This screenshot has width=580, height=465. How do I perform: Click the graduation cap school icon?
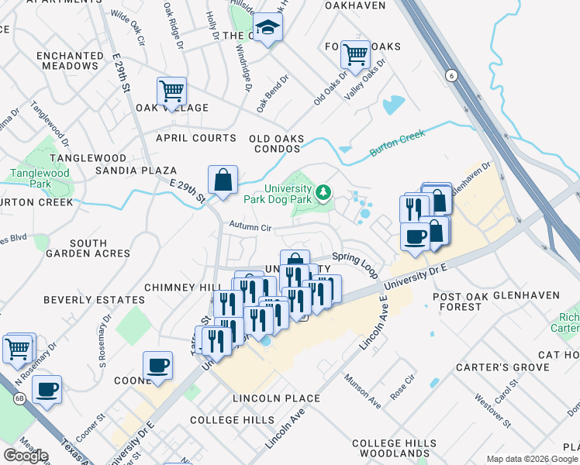[268, 28]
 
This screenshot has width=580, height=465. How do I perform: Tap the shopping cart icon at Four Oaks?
[355, 55]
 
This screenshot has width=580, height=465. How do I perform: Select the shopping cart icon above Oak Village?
[171, 91]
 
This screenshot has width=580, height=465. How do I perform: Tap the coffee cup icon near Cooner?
[158, 365]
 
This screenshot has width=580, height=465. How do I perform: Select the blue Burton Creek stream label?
[398, 144]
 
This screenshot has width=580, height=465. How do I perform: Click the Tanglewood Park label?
[29, 178]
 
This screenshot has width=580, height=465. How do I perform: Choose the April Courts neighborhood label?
[195, 138]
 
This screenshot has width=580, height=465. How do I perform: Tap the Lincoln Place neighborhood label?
[276, 398]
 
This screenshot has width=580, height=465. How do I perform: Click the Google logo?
[26, 456]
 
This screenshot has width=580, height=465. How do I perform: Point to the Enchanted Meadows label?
[69, 61]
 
